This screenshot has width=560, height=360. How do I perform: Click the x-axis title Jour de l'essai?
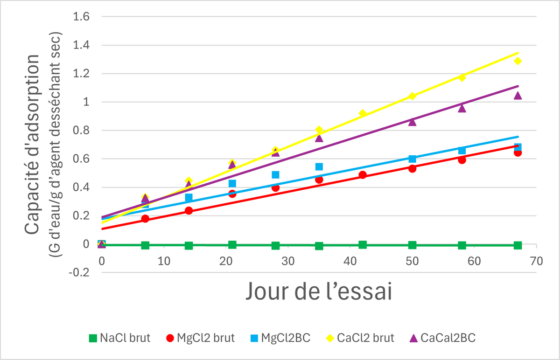[x=317, y=292]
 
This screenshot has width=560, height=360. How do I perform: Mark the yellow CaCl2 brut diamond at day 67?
[x=518, y=61]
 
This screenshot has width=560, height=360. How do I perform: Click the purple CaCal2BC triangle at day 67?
[x=518, y=96]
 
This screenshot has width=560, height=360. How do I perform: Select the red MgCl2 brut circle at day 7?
[x=145, y=219]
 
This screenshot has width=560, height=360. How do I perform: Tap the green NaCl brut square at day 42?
[x=363, y=245]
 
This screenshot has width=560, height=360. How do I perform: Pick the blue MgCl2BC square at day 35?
[x=319, y=166]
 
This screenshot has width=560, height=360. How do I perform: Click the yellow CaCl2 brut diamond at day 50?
[x=412, y=96]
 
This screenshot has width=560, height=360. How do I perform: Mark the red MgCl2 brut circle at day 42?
[x=363, y=175]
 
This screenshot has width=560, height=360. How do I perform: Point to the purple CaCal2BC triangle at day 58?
[x=462, y=108]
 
